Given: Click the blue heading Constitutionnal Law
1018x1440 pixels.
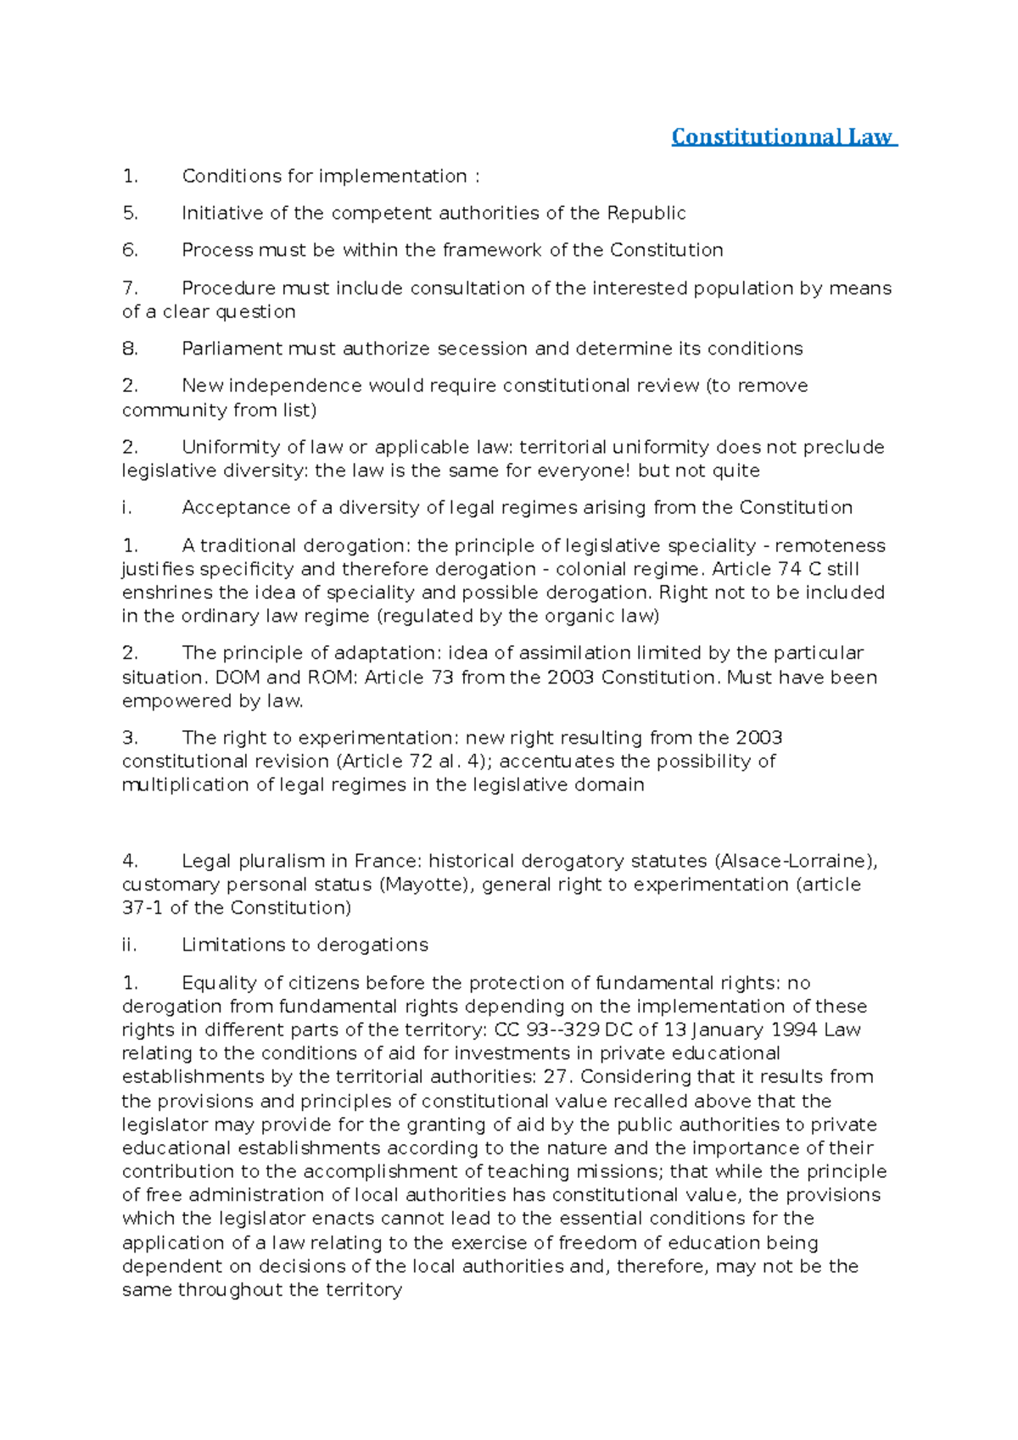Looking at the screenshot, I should coord(783,137).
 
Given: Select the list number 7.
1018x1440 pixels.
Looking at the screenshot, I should coord(130,288).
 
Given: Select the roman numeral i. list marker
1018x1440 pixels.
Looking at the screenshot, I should coord(127,508).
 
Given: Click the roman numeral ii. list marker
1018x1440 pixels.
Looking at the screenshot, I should coord(129,946).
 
